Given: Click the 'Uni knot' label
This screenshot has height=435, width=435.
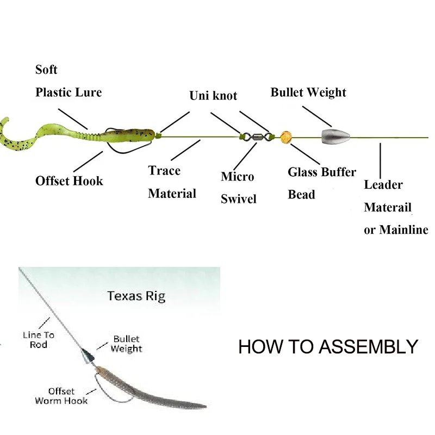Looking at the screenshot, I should coord(213,96).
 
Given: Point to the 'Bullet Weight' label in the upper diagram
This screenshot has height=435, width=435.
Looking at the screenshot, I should coord(308,92).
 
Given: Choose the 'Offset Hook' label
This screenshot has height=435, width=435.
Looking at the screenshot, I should coord(69,181).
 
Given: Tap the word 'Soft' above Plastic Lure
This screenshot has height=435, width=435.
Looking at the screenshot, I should coord(46,70).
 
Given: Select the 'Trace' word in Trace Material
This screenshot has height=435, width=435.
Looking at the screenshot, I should coord(164,171).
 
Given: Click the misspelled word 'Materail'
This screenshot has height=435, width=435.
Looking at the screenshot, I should coord(388,207).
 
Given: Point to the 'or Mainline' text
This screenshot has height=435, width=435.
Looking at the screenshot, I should coord(396,230).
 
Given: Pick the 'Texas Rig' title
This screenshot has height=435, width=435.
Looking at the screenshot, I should coord(136,296).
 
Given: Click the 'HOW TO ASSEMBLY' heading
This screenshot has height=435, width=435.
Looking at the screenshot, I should coord(328,346).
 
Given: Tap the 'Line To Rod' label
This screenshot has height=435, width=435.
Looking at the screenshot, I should coord(39,340).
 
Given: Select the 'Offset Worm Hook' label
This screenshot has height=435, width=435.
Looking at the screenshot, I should coord(61,396).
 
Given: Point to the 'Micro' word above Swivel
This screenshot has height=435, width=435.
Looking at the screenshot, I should coord(237,177).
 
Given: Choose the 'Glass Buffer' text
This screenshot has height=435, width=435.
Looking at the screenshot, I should coord(322,172).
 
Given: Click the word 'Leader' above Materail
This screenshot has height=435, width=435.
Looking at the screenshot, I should coord(383,184).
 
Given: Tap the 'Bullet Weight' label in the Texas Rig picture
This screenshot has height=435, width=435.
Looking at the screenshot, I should coord(126,344).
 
